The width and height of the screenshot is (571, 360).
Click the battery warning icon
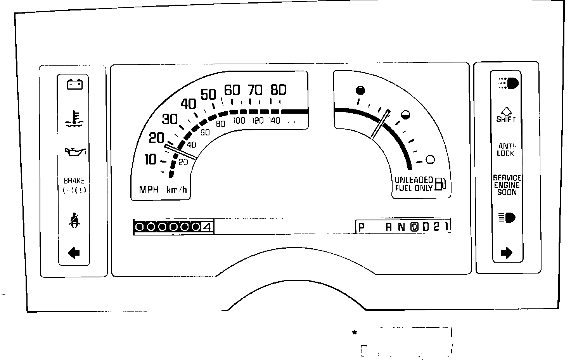tap(74, 84)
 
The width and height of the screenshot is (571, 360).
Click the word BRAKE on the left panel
tap(74, 180)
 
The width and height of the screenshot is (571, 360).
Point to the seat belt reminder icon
tap(73, 221)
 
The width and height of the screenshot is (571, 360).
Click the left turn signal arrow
tap(74, 253)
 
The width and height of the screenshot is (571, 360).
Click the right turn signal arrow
tap(507, 253)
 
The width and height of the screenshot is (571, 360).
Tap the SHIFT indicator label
tap(506, 119)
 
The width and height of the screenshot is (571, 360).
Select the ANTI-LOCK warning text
tap(506, 149)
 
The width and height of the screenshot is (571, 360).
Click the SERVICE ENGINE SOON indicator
tap(507, 185)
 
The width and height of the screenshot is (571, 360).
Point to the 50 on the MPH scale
tap(208, 94)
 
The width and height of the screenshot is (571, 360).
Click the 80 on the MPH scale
tap(278, 90)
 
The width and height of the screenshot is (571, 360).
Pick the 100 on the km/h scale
tap(239, 121)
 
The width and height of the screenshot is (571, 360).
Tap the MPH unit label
tap(149, 190)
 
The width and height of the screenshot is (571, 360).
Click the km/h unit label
tap(177, 190)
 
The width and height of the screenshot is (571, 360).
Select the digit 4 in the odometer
tap(207, 227)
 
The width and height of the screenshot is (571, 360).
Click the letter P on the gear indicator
tap(362, 227)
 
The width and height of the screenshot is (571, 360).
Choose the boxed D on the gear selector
tap(414, 227)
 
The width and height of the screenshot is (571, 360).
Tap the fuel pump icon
tap(441, 184)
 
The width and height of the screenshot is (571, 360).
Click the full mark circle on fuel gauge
tap(360, 90)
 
